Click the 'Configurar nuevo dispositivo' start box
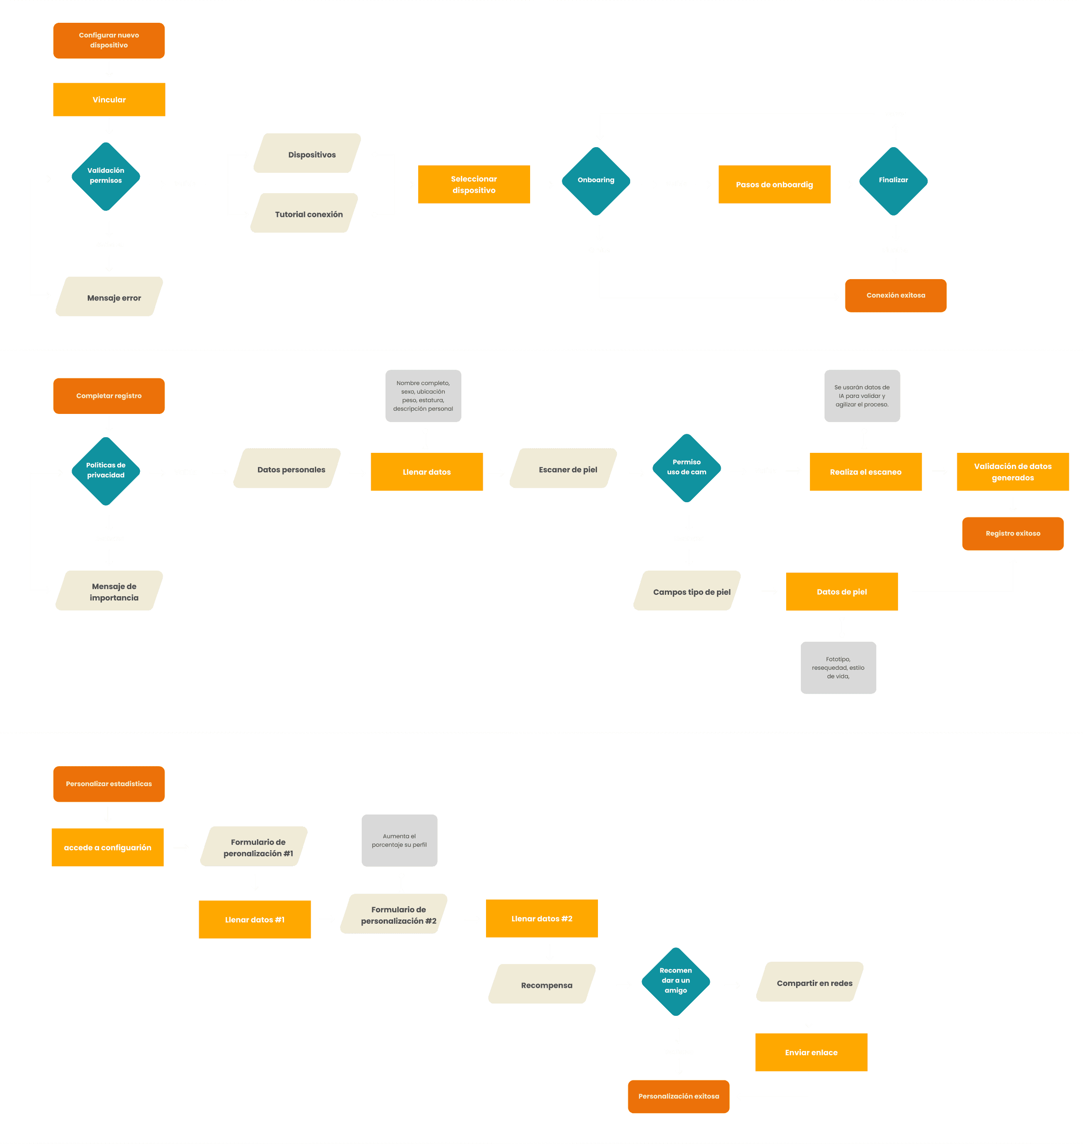[109, 40]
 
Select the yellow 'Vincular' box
[109, 99]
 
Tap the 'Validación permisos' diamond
[106, 176]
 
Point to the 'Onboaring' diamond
[596, 181]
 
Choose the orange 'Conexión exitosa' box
[895, 295]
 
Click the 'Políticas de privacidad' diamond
[106, 470]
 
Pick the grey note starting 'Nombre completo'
[423, 396]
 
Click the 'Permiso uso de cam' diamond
[687, 468]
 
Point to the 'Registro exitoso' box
[1012, 533]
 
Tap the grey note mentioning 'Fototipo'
[838, 667]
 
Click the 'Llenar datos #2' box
[541, 918]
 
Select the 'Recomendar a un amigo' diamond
[675, 981]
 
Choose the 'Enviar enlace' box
[811, 1052]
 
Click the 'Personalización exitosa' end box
[679, 1096]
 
